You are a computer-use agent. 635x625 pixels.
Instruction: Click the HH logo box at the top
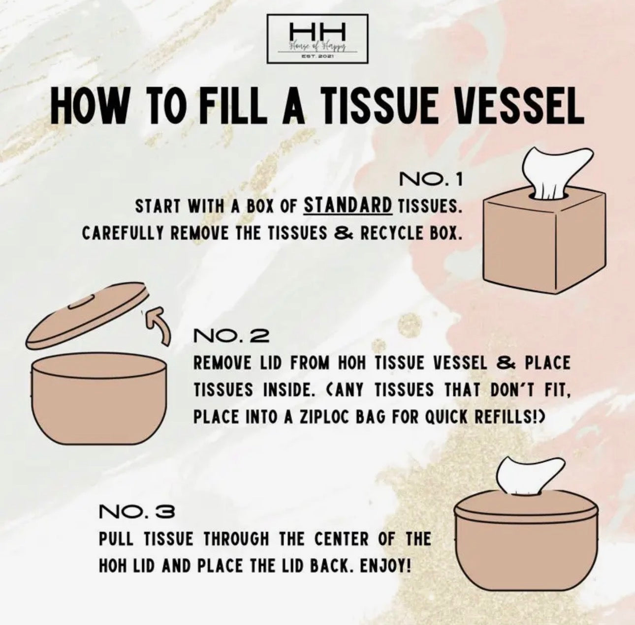(317, 38)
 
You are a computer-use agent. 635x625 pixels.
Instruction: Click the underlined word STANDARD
(348, 206)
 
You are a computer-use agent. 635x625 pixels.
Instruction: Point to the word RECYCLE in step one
(389, 232)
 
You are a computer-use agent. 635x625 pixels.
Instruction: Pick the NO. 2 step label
(231, 336)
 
